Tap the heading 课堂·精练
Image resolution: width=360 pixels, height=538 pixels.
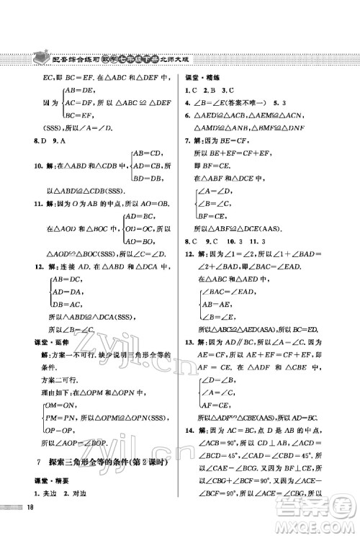[x=204, y=76]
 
